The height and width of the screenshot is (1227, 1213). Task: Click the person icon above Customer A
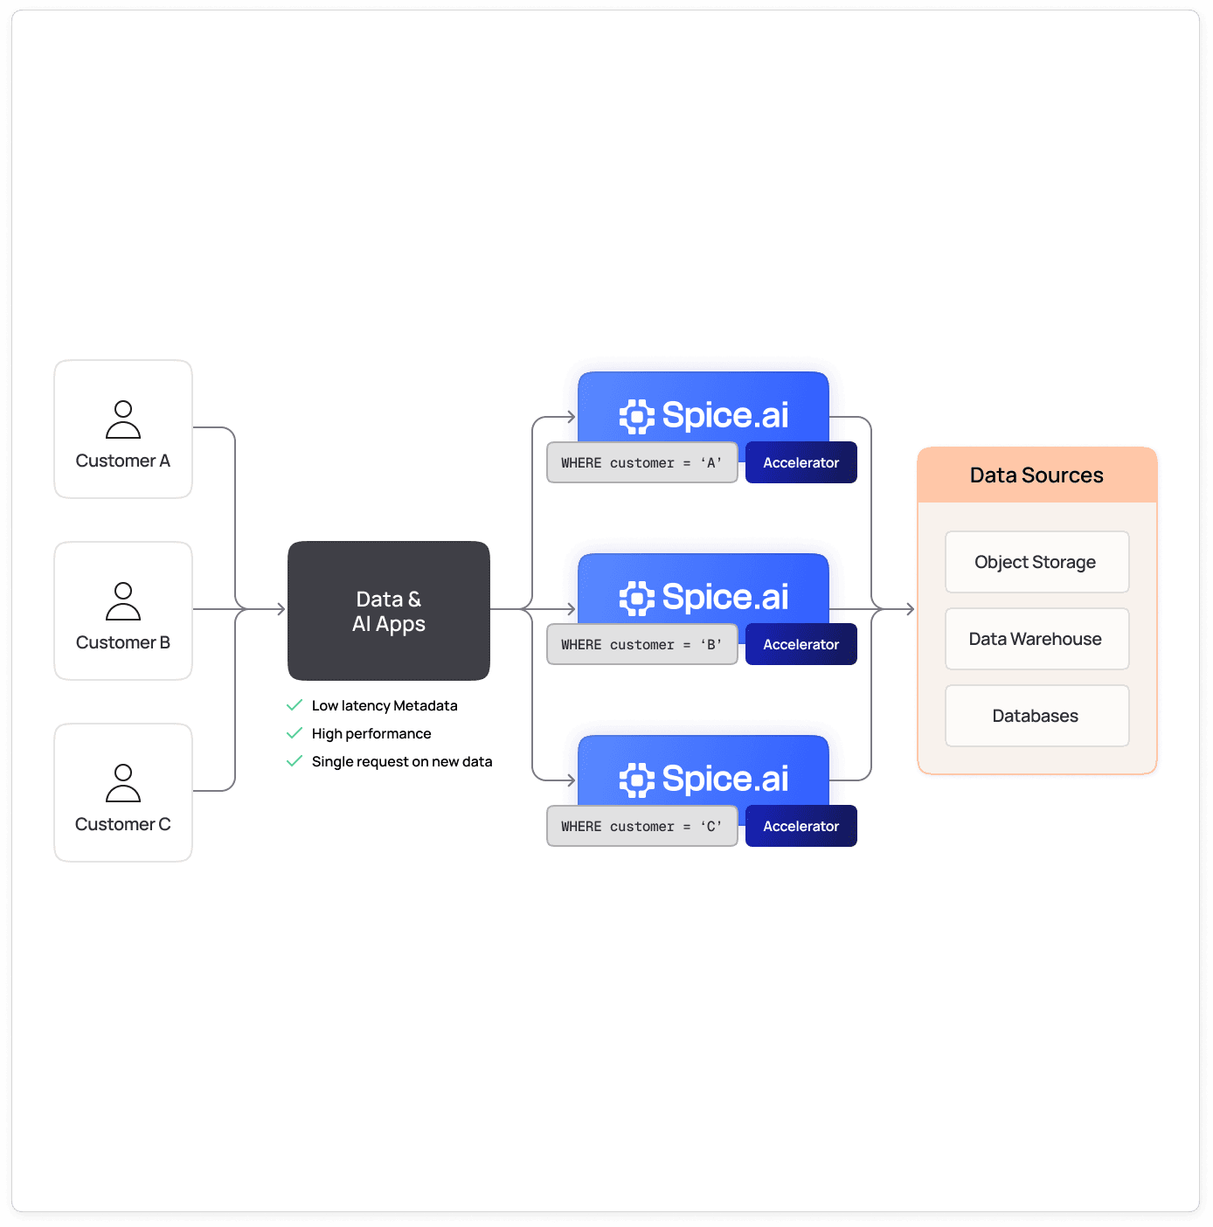(123, 419)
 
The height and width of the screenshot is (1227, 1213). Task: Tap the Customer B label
(123, 642)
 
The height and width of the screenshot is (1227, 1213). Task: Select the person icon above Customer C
(123, 783)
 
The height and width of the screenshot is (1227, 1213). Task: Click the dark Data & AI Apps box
(389, 611)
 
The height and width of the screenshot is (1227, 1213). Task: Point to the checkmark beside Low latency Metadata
(295, 705)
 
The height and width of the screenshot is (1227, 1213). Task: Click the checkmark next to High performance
(295, 733)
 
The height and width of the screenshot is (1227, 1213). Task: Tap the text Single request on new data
(402, 761)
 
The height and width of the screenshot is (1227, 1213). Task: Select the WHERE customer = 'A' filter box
(642, 462)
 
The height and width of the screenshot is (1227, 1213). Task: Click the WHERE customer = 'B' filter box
(642, 644)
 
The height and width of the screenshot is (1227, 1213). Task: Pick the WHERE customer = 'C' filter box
(642, 826)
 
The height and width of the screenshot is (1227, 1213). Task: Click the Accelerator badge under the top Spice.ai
(801, 462)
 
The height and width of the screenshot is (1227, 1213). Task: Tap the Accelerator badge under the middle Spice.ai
(801, 644)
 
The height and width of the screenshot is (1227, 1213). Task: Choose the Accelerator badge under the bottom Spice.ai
(801, 826)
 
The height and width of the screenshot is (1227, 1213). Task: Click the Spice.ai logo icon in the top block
(637, 416)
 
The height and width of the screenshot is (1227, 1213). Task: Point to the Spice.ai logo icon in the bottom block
(637, 780)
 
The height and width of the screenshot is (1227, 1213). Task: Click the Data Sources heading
(1036, 475)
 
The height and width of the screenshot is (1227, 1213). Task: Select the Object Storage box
(1036, 562)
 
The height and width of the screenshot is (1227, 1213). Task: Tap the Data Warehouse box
(1036, 639)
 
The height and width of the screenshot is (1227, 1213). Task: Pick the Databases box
(1036, 716)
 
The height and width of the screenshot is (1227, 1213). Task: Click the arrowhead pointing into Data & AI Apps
(281, 609)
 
